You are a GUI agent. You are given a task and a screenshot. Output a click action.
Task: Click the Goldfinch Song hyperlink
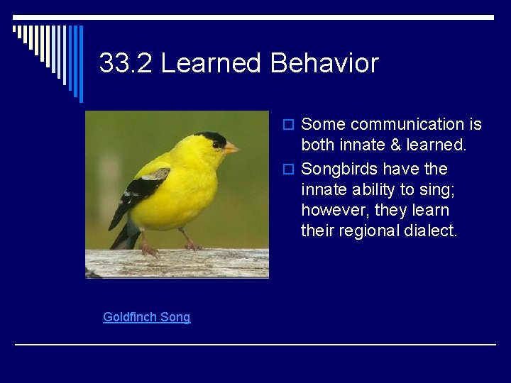point(146,317)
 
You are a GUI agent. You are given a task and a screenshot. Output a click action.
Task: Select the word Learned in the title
point(211,63)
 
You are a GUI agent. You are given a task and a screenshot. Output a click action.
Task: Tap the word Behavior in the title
point(324,63)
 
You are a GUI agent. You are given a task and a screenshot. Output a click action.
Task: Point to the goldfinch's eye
point(216,144)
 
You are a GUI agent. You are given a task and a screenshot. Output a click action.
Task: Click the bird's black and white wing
point(142,188)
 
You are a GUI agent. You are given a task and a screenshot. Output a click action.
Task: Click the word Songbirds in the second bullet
point(339,169)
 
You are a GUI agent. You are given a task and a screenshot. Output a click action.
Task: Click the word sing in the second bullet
point(430,189)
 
